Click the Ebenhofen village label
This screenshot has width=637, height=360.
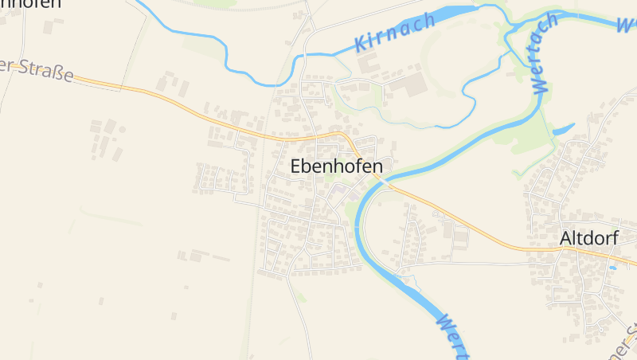click(x=336, y=166)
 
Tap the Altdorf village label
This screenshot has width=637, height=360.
click(x=588, y=237)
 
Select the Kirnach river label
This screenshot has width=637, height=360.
click(x=396, y=33)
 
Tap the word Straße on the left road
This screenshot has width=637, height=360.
click(x=47, y=72)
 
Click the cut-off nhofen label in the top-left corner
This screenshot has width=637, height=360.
click(x=30, y=4)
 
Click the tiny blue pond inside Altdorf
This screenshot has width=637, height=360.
click(x=612, y=268)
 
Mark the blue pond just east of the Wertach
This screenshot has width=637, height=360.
click(x=564, y=128)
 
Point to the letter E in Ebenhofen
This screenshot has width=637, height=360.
click(x=296, y=166)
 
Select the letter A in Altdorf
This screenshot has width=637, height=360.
click(x=566, y=237)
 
